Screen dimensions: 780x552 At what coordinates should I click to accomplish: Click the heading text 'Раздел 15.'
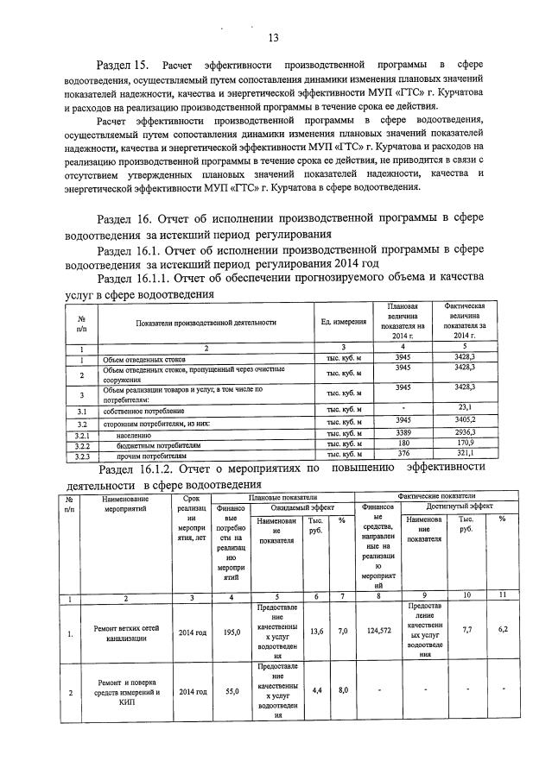[x=124, y=66]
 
